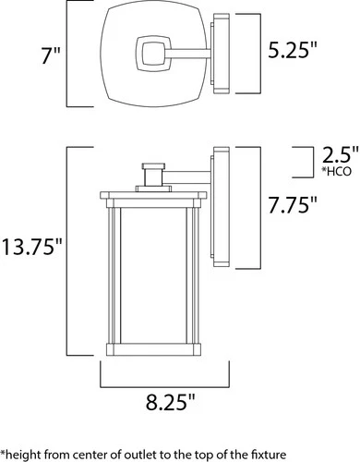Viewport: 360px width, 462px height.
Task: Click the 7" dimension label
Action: pyautogui.click(x=52, y=55)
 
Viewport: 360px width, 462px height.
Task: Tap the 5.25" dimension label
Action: pyautogui.click(x=293, y=50)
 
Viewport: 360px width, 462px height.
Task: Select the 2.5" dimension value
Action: pyautogui.click(x=341, y=154)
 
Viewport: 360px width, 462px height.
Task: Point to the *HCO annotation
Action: pyautogui.click(x=336, y=171)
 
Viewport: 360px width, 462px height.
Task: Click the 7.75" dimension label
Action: pyautogui.click(x=293, y=205)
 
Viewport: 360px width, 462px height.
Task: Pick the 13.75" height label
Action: pyautogui.click(x=32, y=247)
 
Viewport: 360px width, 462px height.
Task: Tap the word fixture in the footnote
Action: pyautogui.click(x=266, y=455)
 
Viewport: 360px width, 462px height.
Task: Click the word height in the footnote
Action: pyautogui.click(x=24, y=455)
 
